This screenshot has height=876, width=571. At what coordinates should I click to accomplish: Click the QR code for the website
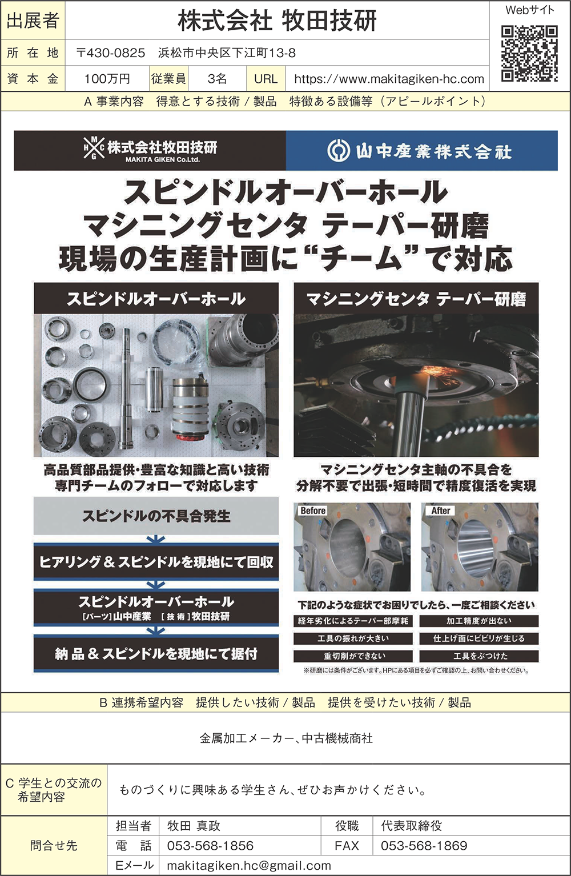pos(529,54)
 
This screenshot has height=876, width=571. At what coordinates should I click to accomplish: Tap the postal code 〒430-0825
pos(111,53)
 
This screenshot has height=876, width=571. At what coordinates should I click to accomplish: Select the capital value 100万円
pos(107,79)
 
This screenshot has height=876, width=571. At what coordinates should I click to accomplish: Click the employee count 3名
pos(217,79)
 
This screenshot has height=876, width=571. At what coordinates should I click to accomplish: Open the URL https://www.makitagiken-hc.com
pos(389,79)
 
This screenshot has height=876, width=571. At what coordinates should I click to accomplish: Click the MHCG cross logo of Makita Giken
pos(94,148)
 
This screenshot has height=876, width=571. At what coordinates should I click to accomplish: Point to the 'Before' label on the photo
pos(313,511)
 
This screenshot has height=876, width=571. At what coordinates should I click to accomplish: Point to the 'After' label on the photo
pos(440,511)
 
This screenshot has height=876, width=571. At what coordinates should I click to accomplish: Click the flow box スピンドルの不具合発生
pos(156,516)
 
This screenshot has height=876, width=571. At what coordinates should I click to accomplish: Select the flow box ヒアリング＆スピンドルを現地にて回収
pos(156,562)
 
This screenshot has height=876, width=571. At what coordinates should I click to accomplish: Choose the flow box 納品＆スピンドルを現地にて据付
pos(156,653)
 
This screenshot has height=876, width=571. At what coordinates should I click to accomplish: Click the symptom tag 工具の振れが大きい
pos(353,638)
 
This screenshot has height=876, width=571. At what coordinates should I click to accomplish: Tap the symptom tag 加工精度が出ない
pos(479,621)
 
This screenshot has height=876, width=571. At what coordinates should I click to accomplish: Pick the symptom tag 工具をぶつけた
pos(479,656)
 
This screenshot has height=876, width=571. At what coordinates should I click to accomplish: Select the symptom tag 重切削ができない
pos(353,656)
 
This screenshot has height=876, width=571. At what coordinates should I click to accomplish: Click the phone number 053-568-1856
pos(210,846)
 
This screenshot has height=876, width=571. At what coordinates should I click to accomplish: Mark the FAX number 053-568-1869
pos(424,846)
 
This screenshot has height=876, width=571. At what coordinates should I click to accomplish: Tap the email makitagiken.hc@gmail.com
pos(249,866)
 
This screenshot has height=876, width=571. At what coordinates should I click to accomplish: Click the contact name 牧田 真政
pos(194,826)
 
